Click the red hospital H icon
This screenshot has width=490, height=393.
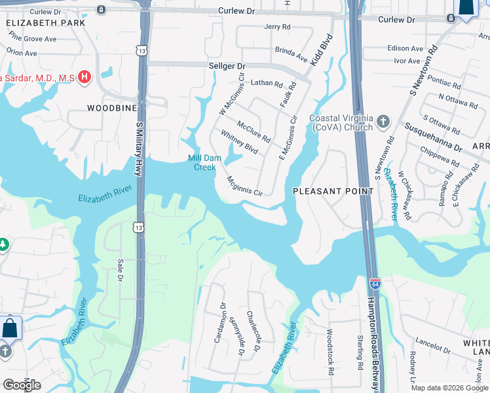pyautogui.click(x=84, y=77)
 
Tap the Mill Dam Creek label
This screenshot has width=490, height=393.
pyautogui.click(x=202, y=162)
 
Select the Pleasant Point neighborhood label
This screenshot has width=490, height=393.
pyautogui.click(x=333, y=191)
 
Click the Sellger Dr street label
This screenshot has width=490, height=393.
pyautogui.click(x=226, y=67)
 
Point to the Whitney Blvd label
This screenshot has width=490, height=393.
pyautogui.click(x=238, y=141)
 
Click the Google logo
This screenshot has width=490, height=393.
pyautogui.click(x=22, y=384)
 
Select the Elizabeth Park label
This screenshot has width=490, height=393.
pyautogui.click(x=45, y=22)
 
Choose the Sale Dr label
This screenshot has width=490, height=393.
pyautogui.click(x=121, y=270)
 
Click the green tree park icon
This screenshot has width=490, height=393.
pyautogui.click(x=3, y=245)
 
